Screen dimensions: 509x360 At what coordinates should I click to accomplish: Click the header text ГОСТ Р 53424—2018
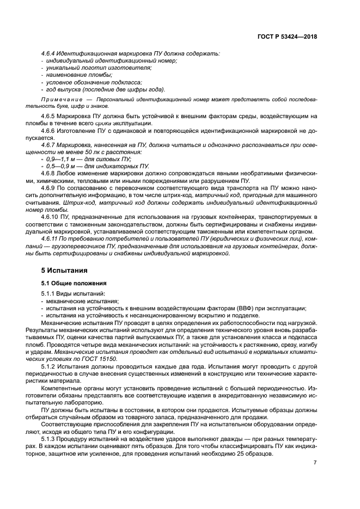[x=287, y=37]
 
